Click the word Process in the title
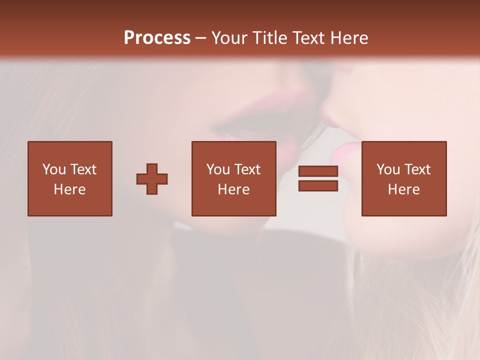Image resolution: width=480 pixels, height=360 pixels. click(157, 38)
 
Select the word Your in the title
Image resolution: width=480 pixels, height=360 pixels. click(228, 38)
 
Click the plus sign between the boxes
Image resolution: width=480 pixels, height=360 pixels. click(152, 179)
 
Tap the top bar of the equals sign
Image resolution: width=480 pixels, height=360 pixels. click(318, 171)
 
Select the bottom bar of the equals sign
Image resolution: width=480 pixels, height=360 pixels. click(318, 186)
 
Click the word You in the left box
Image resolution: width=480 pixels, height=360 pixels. click(54, 169)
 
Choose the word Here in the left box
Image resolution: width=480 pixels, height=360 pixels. click(70, 189)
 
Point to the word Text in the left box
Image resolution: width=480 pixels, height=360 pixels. click(83, 169)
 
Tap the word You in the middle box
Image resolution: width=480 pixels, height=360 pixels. click(218, 169)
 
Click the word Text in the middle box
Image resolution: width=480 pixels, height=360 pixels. click(247, 169)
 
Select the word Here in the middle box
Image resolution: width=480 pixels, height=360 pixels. click(234, 189)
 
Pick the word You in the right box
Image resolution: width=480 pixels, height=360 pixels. click(388, 169)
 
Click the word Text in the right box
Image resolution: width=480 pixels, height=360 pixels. click(417, 169)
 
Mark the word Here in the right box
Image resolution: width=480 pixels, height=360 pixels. click(404, 189)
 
